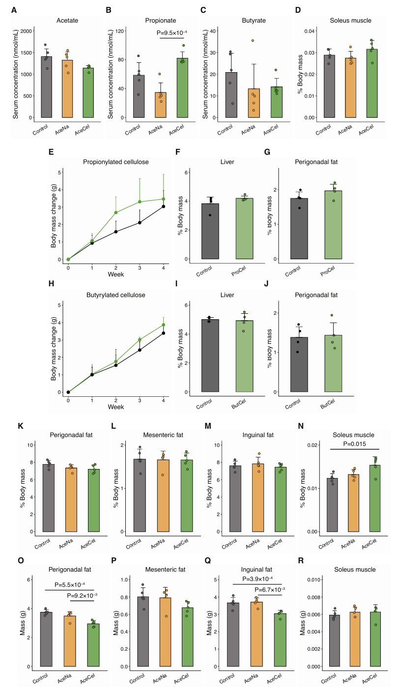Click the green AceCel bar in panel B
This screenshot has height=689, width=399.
(183, 88)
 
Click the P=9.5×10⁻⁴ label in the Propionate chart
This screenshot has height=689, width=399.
(172, 33)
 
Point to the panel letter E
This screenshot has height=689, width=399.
(51, 152)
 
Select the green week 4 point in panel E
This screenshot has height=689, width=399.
(163, 199)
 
